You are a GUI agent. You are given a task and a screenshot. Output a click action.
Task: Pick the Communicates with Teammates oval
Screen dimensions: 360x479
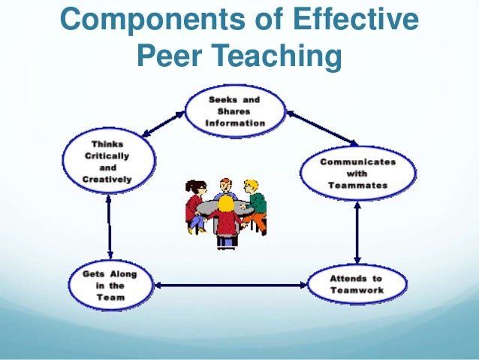357,174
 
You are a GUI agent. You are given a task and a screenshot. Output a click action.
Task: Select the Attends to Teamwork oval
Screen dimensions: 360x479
357,284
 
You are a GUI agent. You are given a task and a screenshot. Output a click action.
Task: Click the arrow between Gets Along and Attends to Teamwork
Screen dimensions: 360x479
233,285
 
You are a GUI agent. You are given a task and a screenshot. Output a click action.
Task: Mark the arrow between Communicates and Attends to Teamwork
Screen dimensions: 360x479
357,228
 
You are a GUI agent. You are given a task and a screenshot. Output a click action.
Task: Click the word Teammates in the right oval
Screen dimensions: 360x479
357,184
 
